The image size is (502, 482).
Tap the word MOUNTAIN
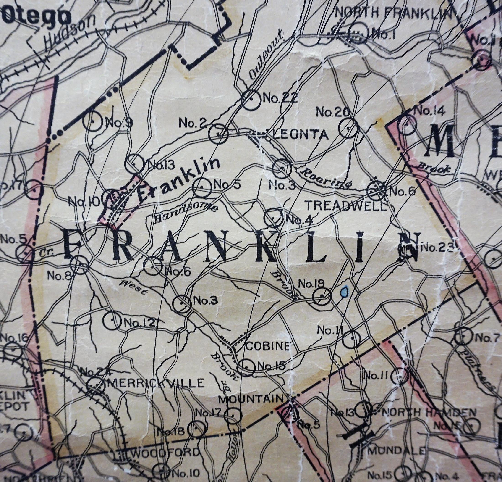(x=252, y=406)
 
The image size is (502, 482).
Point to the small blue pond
(x=345, y=291)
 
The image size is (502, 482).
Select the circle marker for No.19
(x=322, y=296)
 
